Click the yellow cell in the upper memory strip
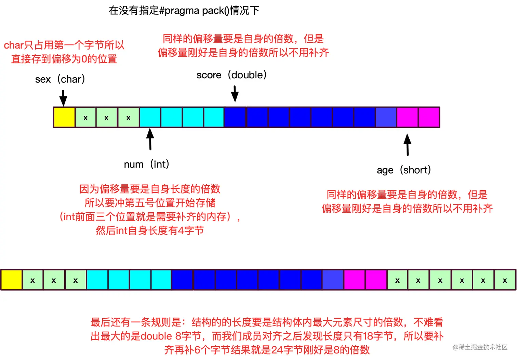click(64, 117)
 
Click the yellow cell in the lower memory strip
click(12, 280)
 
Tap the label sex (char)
click(60, 79)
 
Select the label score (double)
click(231, 75)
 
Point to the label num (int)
click(146, 164)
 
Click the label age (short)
click(403, 170)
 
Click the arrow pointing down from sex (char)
click(63, 98)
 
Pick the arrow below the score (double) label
click(235, 94)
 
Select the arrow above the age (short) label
click(407, 144)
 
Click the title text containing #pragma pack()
click(184, 11)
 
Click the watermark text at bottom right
click(480, 347)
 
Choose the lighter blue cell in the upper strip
click(386, 117)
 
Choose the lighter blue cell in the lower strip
click(333, 280)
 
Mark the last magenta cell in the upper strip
click(429, 117)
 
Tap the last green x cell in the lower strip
click(505, 280)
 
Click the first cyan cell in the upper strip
click(150, 117)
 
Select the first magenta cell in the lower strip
click(354, 280)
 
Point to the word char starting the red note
click(14, 45)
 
